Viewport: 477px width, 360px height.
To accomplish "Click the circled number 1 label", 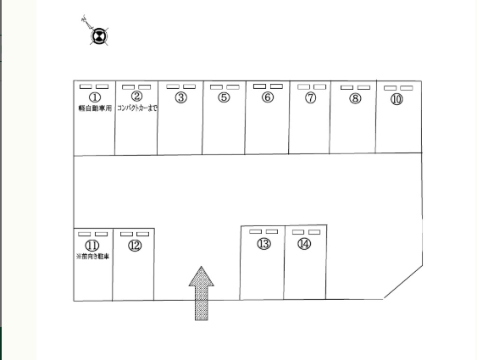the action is [95, 97].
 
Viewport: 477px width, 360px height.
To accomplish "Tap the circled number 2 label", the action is [136, 96].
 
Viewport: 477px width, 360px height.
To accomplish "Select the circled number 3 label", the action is [181, 97].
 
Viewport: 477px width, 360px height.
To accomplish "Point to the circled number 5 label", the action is [224, 97].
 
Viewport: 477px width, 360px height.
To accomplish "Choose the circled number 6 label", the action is [268, 97].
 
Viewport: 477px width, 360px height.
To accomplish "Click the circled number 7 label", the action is [310, 97].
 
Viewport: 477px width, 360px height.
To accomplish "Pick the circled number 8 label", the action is [355, 98].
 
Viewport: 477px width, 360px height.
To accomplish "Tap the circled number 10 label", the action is [397, 99].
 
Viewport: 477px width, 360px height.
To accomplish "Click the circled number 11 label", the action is [92, 245].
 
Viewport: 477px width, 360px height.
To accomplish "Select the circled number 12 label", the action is [135, 246].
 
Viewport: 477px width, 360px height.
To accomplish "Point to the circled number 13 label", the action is [263, 244].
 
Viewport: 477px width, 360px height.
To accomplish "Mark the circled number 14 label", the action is [304, 244].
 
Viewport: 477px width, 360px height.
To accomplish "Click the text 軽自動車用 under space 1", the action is [95, 108].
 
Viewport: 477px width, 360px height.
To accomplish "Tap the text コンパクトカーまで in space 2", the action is [137, 108].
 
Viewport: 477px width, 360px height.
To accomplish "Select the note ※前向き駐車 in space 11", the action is [92, 257].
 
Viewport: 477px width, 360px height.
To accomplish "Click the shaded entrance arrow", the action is [202, 293].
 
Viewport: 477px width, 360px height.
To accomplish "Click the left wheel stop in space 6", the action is [259, 86].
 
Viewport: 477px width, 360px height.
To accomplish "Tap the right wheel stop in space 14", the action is [314, 232].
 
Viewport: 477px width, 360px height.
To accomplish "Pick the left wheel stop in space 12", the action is [126, 234].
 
